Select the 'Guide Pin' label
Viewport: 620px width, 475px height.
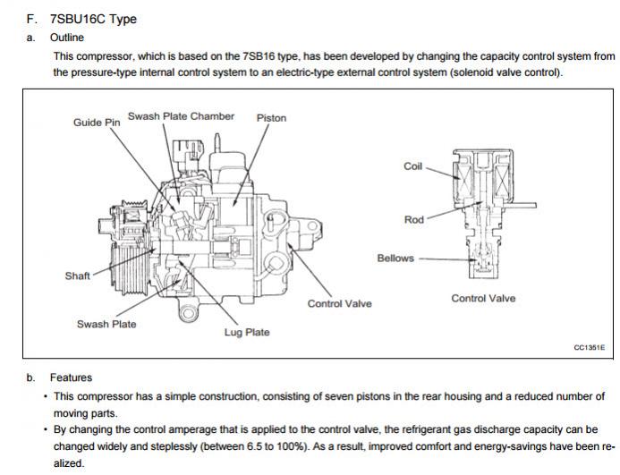(97, 122)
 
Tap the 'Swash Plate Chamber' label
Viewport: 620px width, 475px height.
(181, 116)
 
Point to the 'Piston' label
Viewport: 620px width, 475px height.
(271, 118)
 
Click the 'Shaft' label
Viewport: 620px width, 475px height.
(77, 276)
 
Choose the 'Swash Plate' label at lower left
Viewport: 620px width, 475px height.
(106, 324)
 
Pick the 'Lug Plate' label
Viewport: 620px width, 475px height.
(246, 333)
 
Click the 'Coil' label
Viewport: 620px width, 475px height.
(413, 165)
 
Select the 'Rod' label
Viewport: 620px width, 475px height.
(413, 220)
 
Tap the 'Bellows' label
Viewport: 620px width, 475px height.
(395, 259)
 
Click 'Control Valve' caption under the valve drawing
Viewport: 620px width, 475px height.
(483, 299)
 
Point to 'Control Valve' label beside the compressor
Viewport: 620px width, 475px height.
(339, 304)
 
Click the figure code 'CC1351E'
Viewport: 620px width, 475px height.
(589, 347)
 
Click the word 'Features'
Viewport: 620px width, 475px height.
(71, 377)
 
